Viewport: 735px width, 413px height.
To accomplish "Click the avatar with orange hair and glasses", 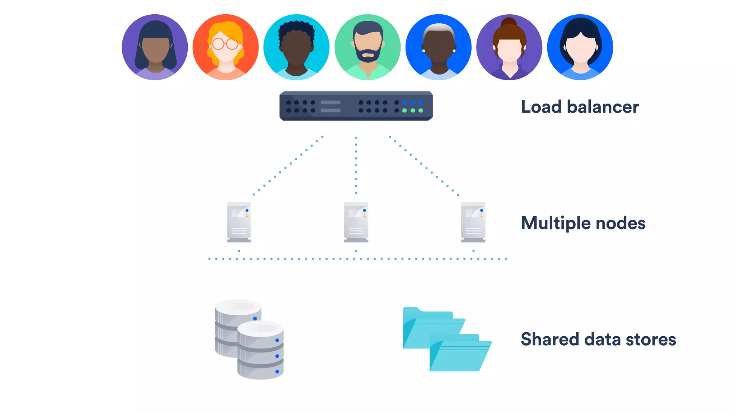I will tap(225, 47).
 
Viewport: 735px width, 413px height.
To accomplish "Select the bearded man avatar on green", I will tap(367, 47).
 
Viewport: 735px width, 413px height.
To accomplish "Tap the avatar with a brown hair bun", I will tap(509, 47).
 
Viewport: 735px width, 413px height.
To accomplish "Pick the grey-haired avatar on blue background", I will tap(438, 47).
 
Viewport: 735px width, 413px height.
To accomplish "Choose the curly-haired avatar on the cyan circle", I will tap(296, 47).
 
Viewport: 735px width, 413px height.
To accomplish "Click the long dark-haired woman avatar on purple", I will tap(155, 47).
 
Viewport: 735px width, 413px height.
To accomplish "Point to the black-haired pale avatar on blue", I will tap(580, 47).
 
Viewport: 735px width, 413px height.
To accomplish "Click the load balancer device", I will tap(356, 106).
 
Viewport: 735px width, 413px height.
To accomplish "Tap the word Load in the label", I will tap(541, 107).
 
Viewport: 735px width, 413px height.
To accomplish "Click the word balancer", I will tap(603, 107).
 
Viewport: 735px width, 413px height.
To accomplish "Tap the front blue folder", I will tap(460, 355).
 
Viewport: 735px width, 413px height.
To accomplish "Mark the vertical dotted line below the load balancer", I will tap(356, 165).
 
